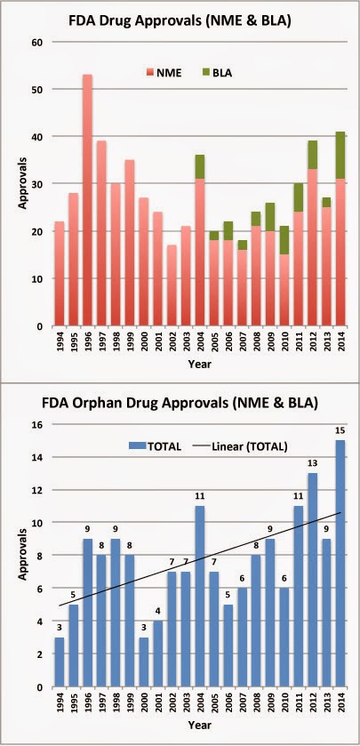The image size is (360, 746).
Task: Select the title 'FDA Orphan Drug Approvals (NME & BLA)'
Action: (x=189, y=385)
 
